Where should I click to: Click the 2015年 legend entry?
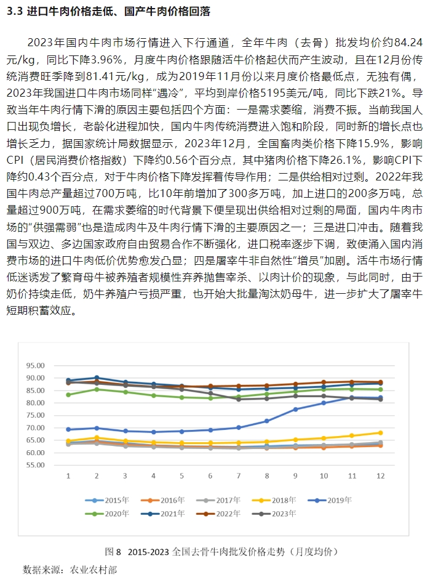(x=111, y=501)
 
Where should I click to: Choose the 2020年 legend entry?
(x=111, y=513)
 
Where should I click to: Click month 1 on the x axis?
(x=68, y=476)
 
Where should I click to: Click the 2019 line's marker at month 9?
(x=295, y=410)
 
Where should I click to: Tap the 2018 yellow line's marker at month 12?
(x=380, y=432)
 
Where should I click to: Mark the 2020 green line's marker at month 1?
(x=68, y=395)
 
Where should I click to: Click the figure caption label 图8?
(x=114, y=551)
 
